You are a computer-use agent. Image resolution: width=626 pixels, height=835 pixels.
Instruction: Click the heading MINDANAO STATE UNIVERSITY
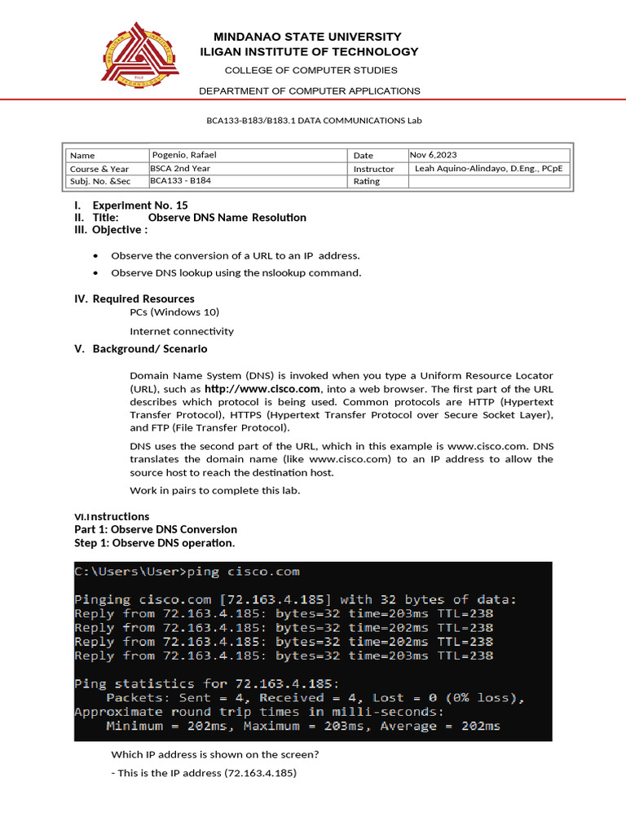pos(307,37)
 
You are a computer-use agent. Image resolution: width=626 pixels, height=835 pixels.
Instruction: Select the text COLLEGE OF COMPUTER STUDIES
pos(311,70)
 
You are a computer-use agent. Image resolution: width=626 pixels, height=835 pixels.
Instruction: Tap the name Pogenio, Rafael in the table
pos(185,155)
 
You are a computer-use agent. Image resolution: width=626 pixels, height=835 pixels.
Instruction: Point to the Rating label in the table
pos(367,181)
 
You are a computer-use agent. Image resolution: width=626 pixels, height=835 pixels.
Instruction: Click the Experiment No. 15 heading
pos(140,205)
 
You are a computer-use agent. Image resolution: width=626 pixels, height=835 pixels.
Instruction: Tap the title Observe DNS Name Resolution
pos(227,218)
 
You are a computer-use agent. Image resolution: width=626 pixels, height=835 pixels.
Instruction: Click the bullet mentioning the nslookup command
pos(236,272)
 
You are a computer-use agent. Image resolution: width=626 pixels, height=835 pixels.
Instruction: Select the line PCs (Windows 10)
pos(174,311)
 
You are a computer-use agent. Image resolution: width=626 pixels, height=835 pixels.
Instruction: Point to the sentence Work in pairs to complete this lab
pos(214,490)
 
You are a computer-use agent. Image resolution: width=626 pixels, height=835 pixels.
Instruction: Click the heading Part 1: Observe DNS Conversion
pos(156,529)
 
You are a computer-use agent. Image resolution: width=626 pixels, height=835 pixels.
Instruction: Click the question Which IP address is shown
pos(215,755)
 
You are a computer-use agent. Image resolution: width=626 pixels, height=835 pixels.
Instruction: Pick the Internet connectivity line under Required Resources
pos(182,331)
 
